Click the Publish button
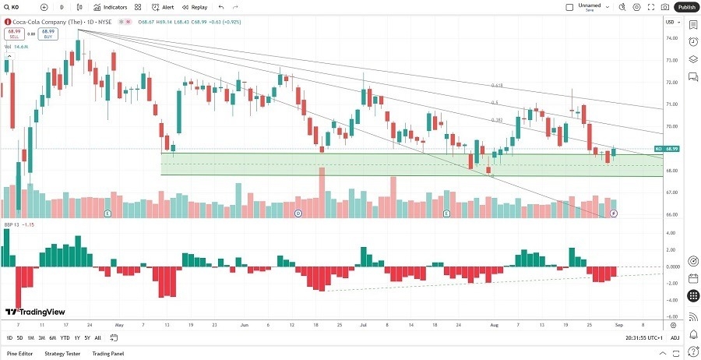click(x=685, y=7)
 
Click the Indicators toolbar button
click(x=111, y=7)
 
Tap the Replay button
click(x=195, y=7)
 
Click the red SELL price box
click(x=12, y=34)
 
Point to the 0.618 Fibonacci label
click(x=495, y=86)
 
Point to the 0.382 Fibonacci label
click(x=495, y=120)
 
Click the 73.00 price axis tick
click(x=670, y=60)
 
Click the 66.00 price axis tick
click(x=670, y=215)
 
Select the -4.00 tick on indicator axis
click(x=670, y=300)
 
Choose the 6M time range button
click(x=52, y=337)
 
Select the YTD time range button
click(x=65, y=337)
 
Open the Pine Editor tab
click(x=20, y=353)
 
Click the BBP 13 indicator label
click(x=14, y=224)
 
